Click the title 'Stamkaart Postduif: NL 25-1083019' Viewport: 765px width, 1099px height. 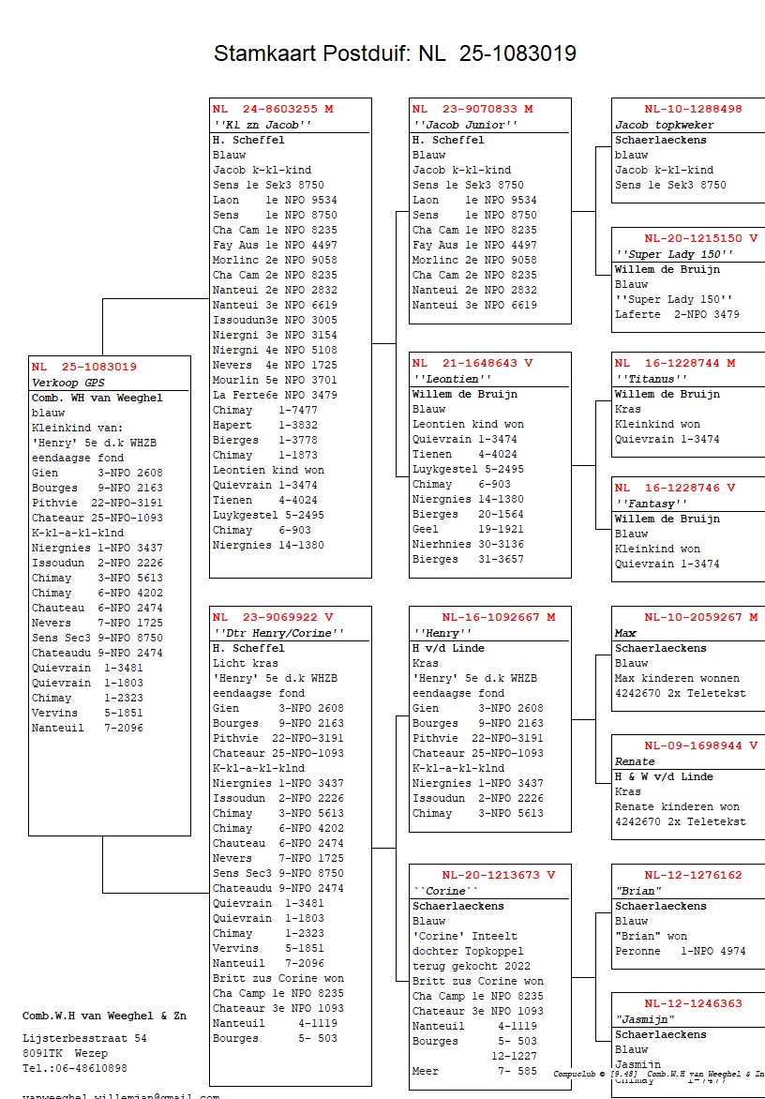point(395,53)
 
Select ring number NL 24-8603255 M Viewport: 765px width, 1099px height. point(272,109)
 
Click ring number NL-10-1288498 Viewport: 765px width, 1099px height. point(692,109)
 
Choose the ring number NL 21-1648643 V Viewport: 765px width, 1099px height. point(472,363)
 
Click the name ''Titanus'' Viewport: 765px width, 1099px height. point(646,379)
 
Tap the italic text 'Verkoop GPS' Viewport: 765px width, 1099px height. point(68,383)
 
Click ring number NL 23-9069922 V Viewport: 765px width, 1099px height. point(272,617)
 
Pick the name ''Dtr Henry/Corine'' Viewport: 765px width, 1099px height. point(277,633)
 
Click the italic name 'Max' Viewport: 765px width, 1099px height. point(625,633)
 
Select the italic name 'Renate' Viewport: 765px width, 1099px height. point(635,761)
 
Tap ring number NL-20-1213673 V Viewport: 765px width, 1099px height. point(498,875)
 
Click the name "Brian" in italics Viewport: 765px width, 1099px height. point(638,891)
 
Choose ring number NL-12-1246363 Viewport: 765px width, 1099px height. point(692,1003)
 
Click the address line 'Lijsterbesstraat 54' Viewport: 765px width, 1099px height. point(84,1038)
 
